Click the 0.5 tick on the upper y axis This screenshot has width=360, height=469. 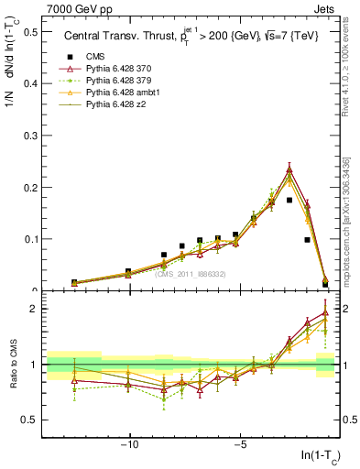tap(31, 31)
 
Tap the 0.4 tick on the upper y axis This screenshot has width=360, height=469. tap(31, 83)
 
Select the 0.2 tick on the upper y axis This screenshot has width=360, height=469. tap(31, 187)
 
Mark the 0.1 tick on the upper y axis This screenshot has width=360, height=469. tap(31, 239)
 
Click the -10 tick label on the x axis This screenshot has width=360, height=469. tap(130, 445)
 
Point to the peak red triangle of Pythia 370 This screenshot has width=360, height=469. tap(289, 169)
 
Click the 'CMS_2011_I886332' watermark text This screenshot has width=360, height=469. tap(190, 274)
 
